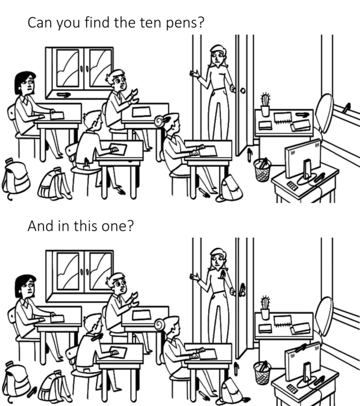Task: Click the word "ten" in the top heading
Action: (x=137, y=23)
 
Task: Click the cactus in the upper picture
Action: (x=265, y=104)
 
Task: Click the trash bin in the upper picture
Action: (x=262, y=170)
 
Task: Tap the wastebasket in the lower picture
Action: (x=262, y=372)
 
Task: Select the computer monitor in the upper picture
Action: (x=303, y=157)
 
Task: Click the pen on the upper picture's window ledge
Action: (x=63, y=95)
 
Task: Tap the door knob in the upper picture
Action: (x=243, y=90)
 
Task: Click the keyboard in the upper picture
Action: (x=292, y=186)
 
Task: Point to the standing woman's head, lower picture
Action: (x=217, y=258)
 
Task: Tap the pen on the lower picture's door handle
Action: (x=242, y=290)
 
